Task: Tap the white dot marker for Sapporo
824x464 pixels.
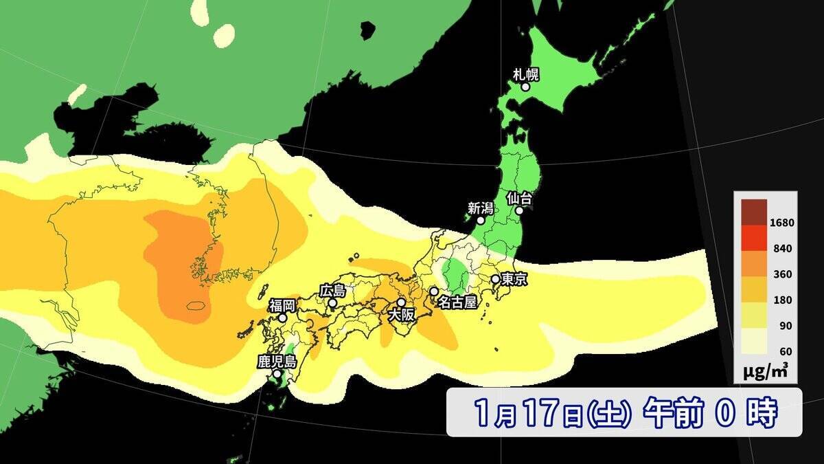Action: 525,87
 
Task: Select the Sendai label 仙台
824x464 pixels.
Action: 519,198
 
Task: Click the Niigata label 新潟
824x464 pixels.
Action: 481,208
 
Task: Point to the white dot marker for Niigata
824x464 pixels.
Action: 481,221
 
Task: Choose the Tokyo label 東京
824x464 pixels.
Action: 514,280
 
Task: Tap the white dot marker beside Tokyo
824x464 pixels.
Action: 495,279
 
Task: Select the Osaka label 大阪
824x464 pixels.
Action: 402,315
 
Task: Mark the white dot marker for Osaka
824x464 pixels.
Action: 402,302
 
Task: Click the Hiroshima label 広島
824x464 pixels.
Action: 332,291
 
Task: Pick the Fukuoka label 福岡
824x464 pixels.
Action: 282,305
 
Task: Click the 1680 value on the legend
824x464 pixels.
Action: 782,223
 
